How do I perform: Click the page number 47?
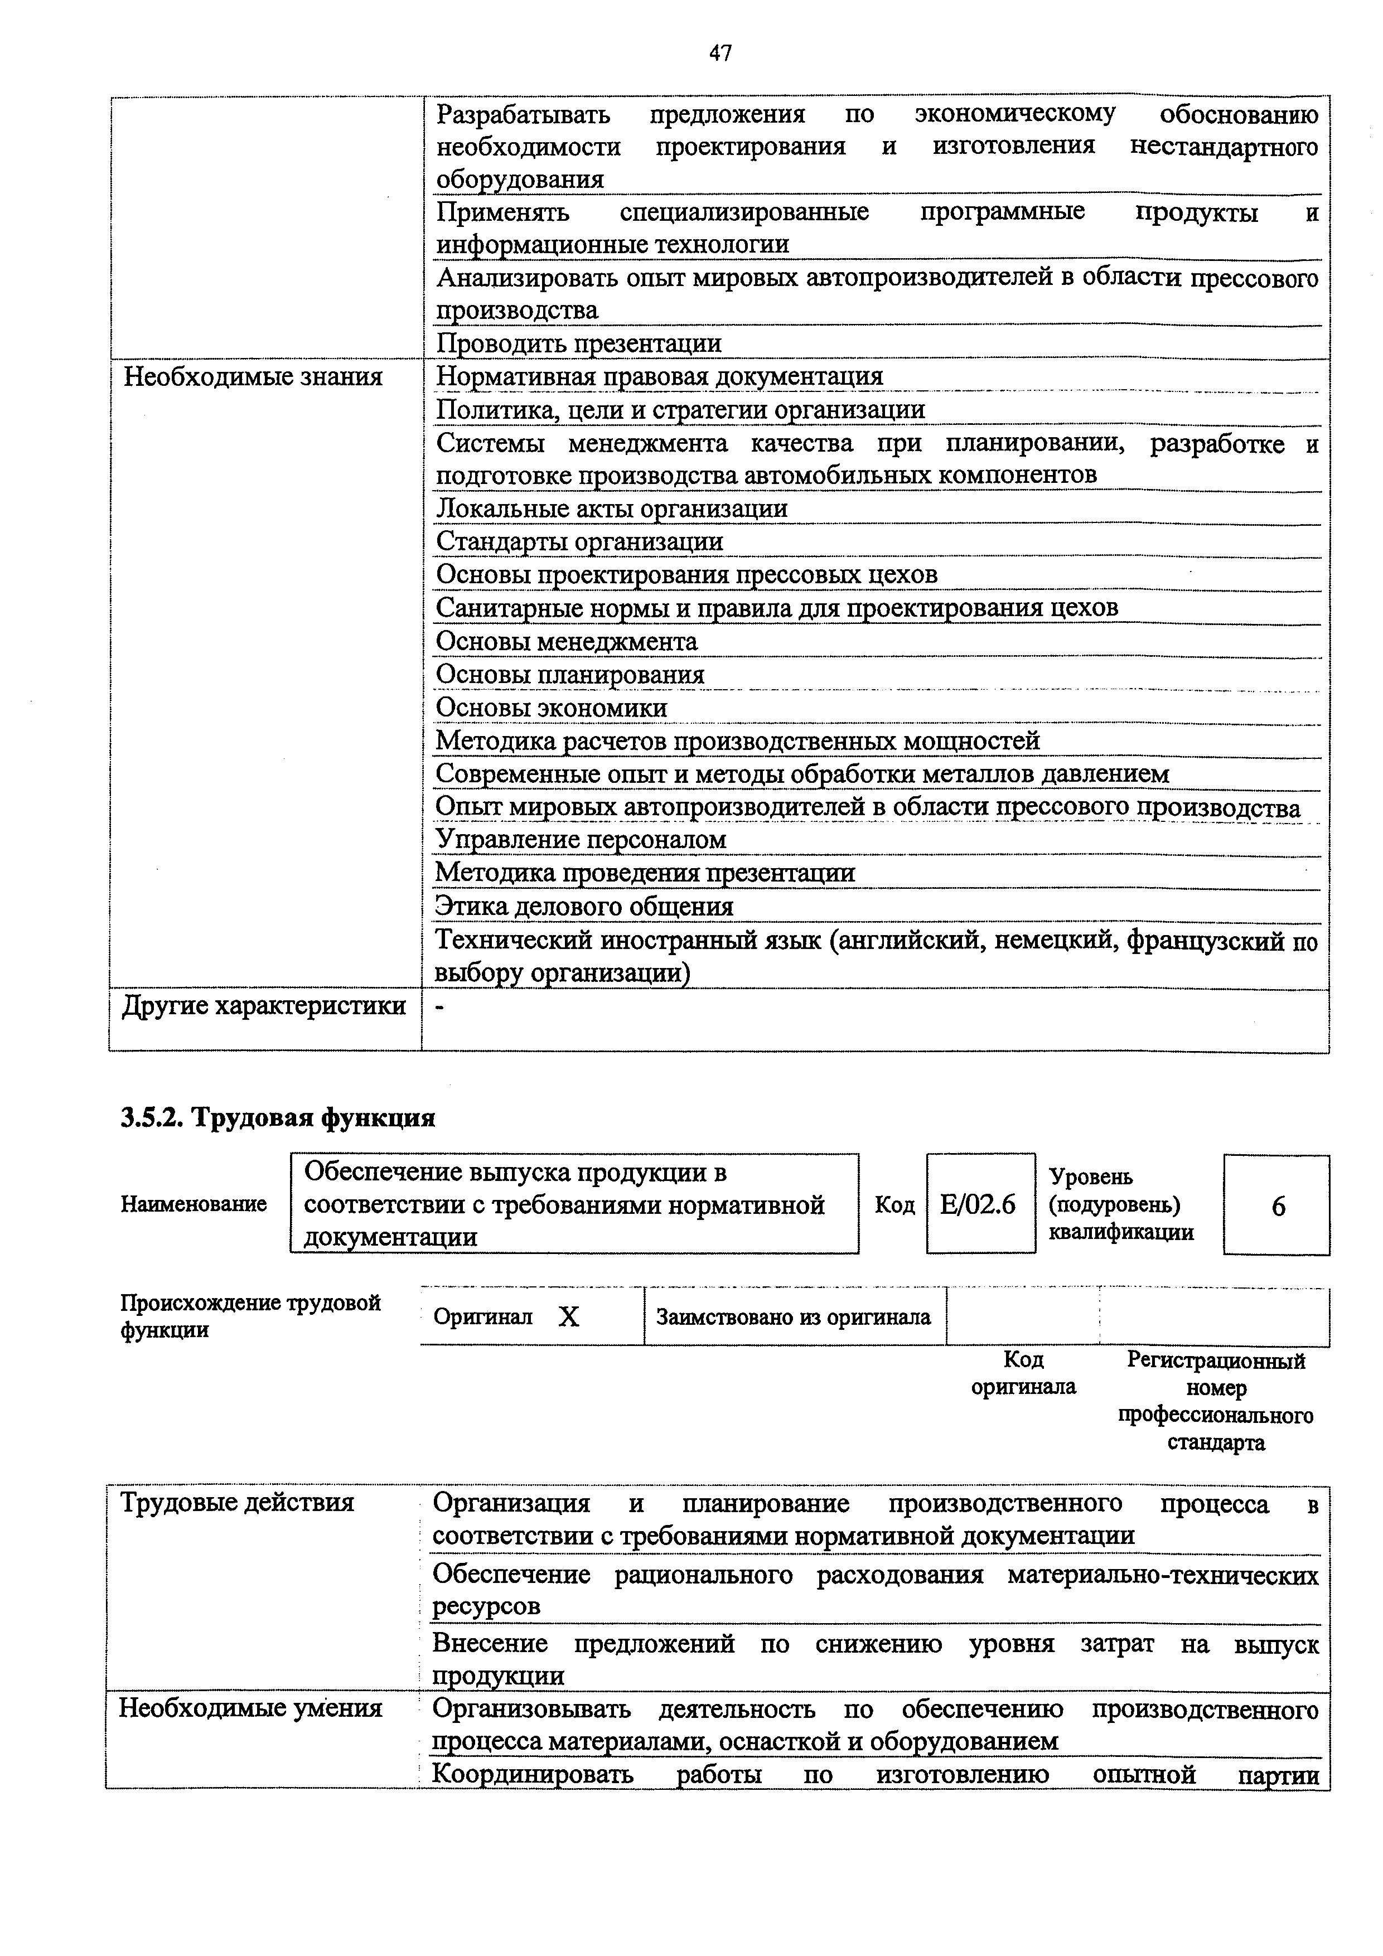pos(720,54)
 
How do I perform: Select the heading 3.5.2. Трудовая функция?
pos(278,1118)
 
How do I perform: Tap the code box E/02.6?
pos(979,1204)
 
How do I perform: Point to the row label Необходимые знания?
pos(253,376)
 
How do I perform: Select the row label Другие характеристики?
pos(264,1006)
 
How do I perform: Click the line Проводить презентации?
pos(579,343)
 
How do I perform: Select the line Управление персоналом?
pos(581,840)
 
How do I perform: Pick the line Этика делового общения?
pos(584,907)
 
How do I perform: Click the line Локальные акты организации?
pos(611,509)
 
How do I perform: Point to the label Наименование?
pos(194,1204)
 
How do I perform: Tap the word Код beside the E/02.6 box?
pos(894,1204)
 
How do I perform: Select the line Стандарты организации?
pos(579,542)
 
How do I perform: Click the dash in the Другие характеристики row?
pos(439,1008)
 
